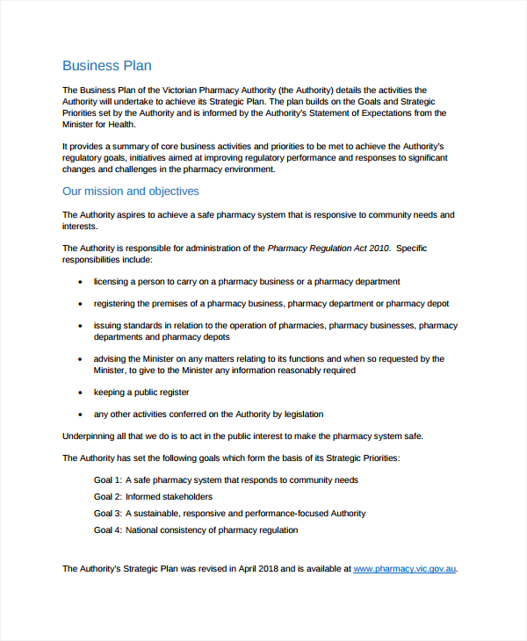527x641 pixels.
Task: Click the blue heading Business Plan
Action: pos(106,66)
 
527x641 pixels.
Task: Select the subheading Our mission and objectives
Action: pos(130,191)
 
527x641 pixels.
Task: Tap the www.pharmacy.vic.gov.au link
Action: pos(405,569)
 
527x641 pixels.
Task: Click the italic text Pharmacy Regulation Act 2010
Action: pos(328,248)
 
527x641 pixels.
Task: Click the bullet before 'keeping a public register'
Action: pos(81,393)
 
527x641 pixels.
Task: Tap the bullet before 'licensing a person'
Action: pos(81,282)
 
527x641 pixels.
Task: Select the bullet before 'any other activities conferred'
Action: pos(81,414)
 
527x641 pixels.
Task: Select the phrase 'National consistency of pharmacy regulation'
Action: pos(212,530)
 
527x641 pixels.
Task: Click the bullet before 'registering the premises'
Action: pos(81,304)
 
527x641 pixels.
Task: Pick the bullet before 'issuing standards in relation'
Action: pos(81,326)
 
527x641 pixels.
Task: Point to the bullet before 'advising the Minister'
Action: pos(81,359)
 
